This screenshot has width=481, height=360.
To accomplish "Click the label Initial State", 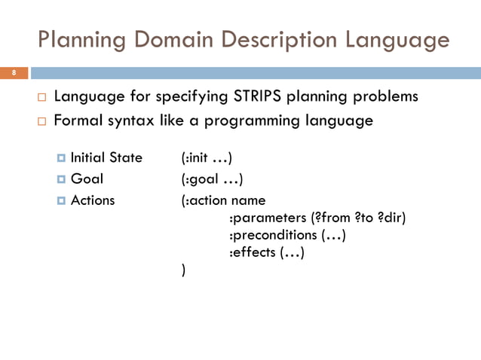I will click(106, 157).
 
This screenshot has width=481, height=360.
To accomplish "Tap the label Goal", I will click(87, 179).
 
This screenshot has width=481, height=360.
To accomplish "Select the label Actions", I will click(93, 200).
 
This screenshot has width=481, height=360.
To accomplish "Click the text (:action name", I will click(223, 201).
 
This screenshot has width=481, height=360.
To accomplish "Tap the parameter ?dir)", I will click(391, 218).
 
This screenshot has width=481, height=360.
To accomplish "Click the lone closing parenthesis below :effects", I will click(184, 270).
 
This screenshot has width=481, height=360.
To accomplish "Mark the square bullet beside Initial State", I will click(60, 158).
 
